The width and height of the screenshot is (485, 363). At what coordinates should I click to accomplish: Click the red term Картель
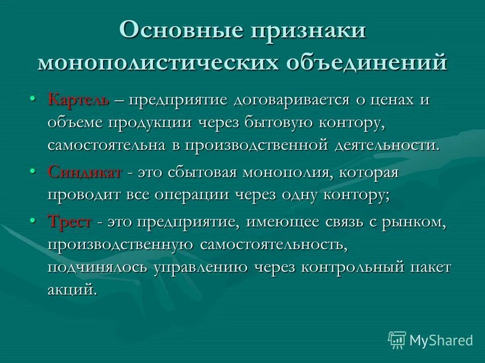(x=78, y=99)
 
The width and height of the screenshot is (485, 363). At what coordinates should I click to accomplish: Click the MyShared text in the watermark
(x=441, y=340)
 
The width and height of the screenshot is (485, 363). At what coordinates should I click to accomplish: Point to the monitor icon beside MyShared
(x=397, y=340)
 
